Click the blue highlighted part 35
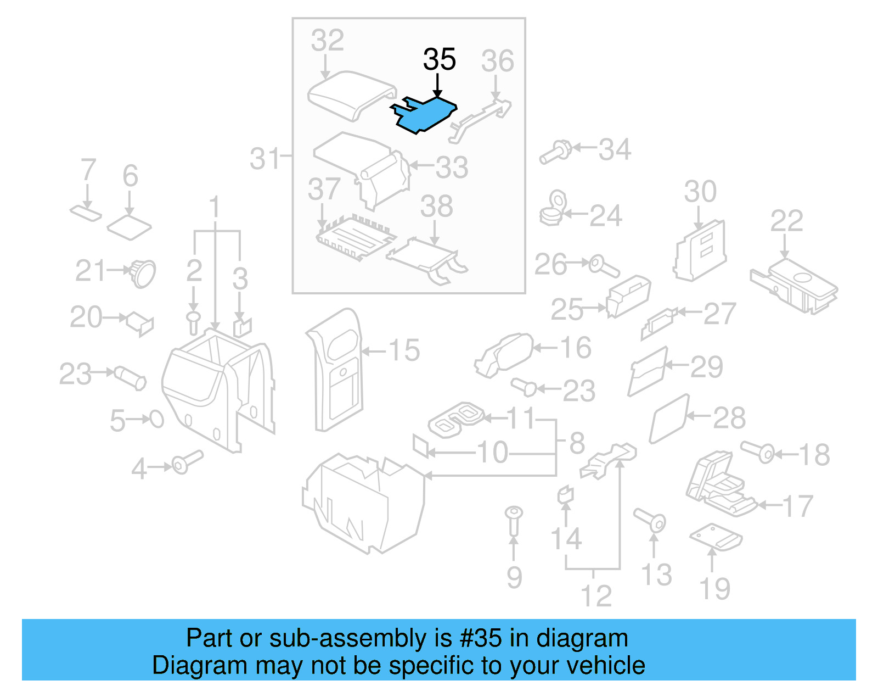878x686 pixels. tap(425, 115)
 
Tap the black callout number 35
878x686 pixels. tap(440, 59)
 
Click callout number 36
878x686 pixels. tap(497, 61)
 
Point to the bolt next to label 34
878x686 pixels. tap(555, 152)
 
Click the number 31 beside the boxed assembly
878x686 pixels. tap(266, 159)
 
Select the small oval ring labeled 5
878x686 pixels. tap(156, 419)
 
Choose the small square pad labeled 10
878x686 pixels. tap(420, 446)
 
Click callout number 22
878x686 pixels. tap(786, 221)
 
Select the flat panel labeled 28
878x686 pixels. tap(669, 419)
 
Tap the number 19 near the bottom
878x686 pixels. tap(714, 589)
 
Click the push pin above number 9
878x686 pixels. tap(514, 520)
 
